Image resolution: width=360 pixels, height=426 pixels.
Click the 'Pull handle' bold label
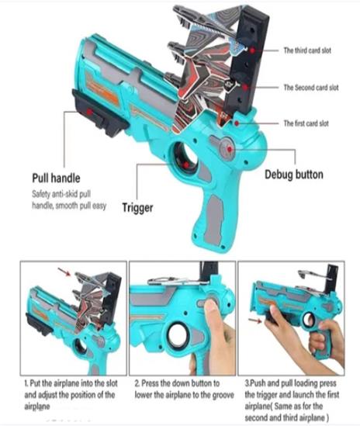(56, 178)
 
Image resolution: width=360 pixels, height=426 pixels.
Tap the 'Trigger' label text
(137, 207)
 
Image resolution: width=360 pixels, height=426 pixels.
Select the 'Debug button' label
(294, 175)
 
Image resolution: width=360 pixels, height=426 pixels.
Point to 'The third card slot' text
(307, 50)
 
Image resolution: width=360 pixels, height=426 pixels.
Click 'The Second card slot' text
(311, 88)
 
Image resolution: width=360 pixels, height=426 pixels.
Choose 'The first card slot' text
(306, 123)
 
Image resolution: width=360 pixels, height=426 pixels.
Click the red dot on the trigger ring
(186, 165)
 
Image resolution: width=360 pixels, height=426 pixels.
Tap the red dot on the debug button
(230, 149)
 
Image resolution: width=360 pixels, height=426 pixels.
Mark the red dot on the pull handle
(89, 112)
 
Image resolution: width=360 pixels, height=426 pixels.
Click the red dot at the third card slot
(252, 50)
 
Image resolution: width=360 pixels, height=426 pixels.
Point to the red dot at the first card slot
(237, 123)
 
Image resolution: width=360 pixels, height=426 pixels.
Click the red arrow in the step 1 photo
(64, 272)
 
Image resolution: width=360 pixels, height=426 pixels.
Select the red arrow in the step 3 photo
(255, 320)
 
